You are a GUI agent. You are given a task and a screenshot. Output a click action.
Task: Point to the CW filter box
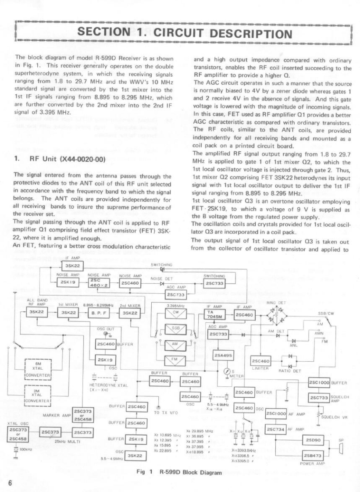(175, 314)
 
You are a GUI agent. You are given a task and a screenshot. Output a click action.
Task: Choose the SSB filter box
(175, 330)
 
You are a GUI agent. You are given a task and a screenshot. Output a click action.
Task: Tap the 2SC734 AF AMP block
(276, 429)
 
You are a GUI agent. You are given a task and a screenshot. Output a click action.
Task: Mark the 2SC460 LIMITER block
(260, 361)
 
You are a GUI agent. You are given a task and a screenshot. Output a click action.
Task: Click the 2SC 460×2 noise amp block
(95, 283)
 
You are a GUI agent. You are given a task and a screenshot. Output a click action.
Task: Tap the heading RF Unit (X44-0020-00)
(60, 159)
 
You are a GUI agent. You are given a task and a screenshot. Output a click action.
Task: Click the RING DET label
(276, 303)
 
